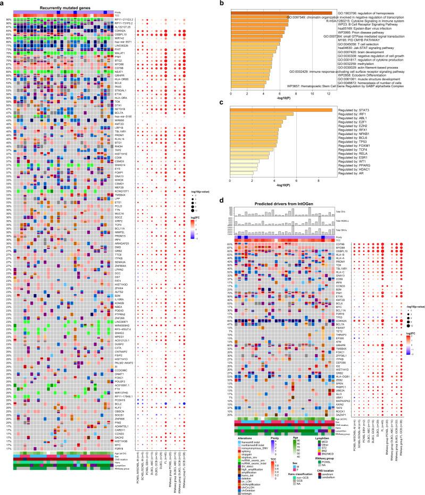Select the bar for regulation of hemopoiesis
click(x=281, y=6)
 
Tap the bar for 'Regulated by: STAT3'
click(x=281, y=110)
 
